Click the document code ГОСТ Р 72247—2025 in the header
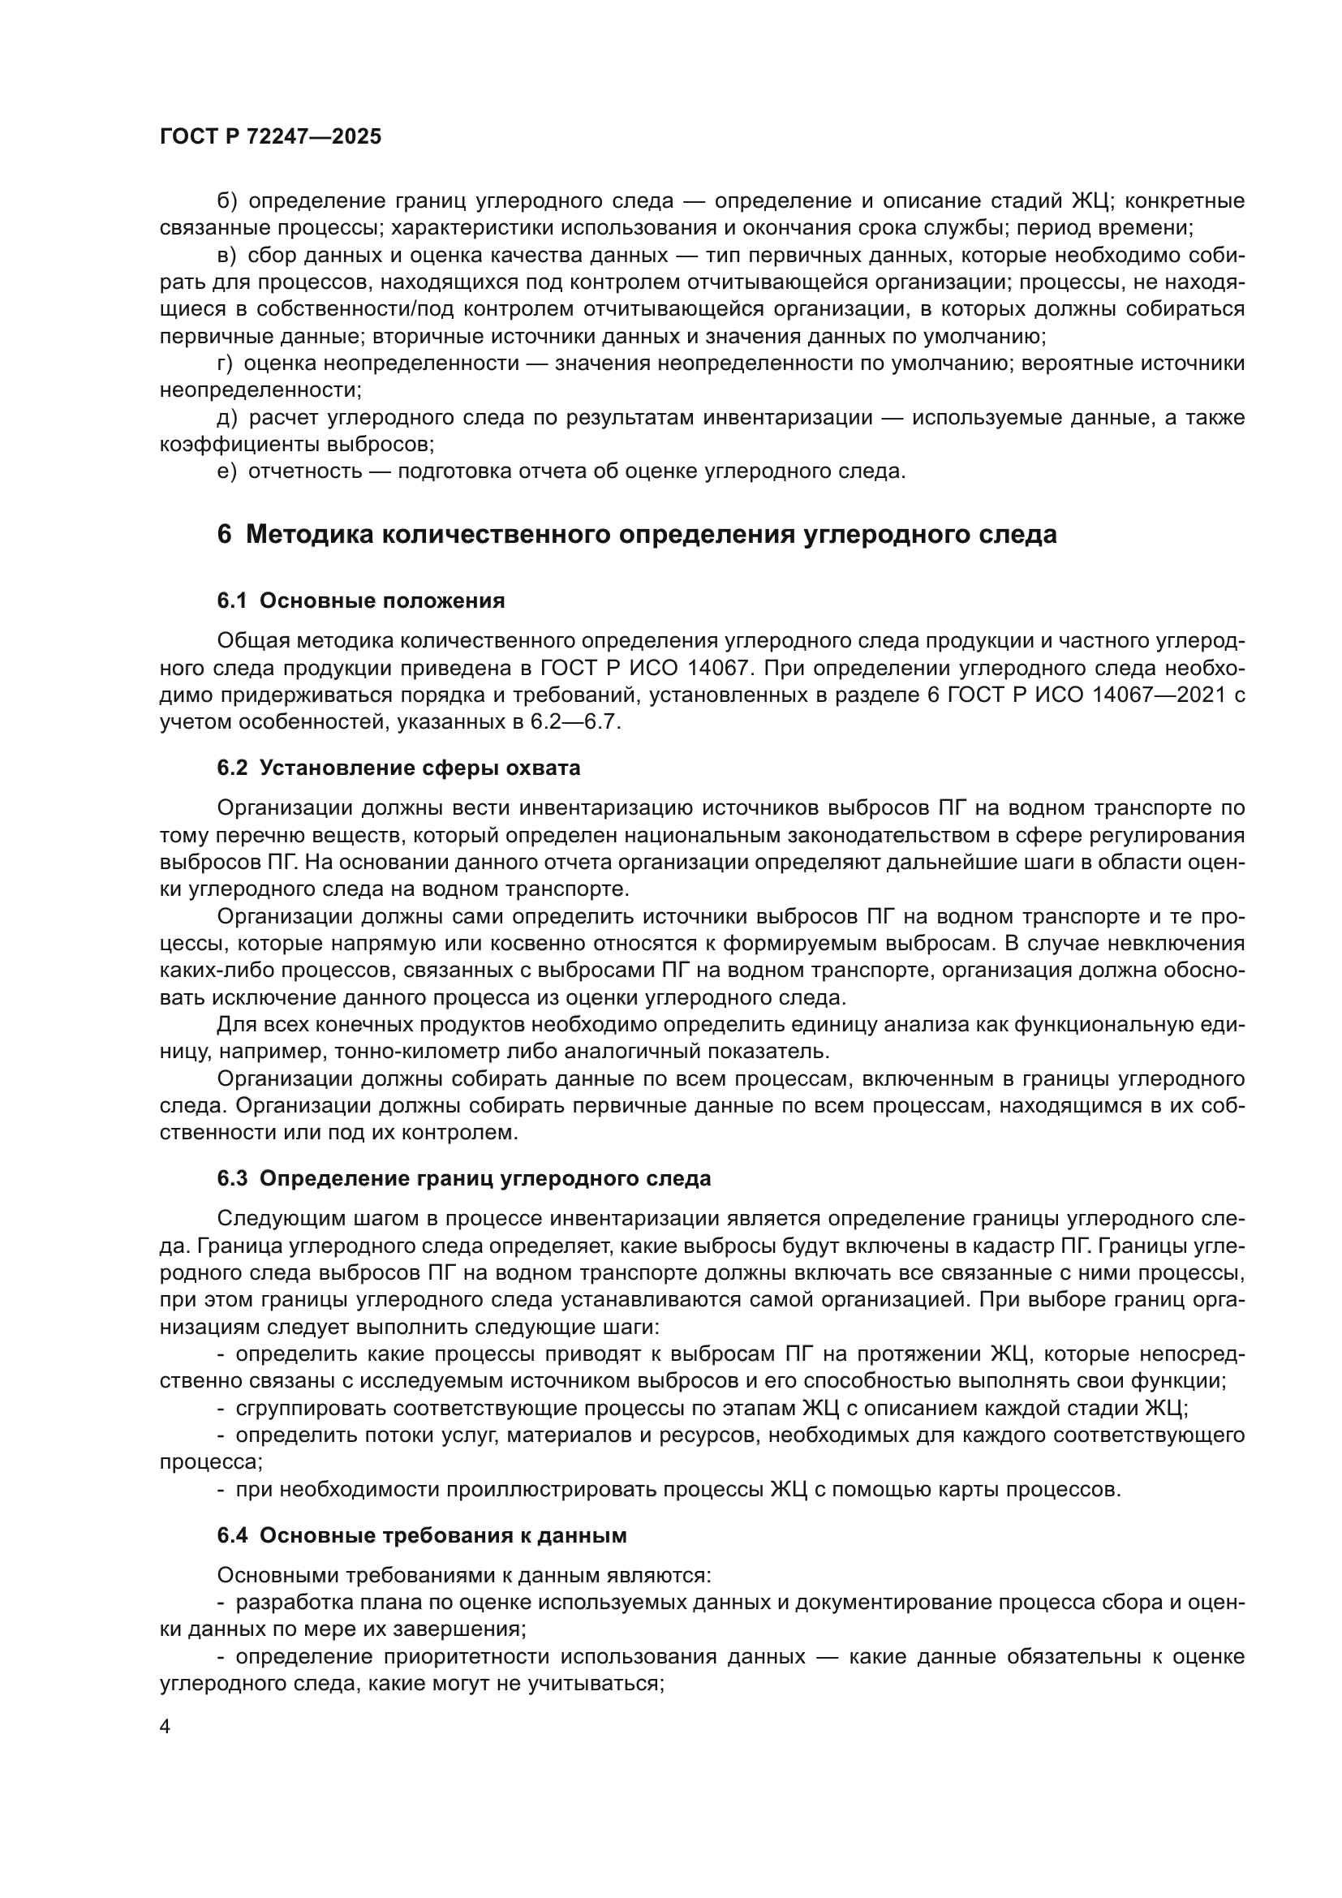(x=270, y=136)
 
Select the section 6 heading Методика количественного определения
(x=636, y=535)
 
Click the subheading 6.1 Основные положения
(x=360, y=601)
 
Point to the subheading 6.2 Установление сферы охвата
(x=398, y=768)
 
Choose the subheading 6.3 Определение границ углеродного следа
(x=463, y=1178)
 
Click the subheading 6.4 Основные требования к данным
(x=421, y=1535)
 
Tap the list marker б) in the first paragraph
(x=227, y=201)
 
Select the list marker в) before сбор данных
(x=226, y=256)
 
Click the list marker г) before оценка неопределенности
(x=225, y=364)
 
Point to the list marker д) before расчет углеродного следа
(x=227, y=418)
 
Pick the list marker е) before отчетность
(x=226, y=472)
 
